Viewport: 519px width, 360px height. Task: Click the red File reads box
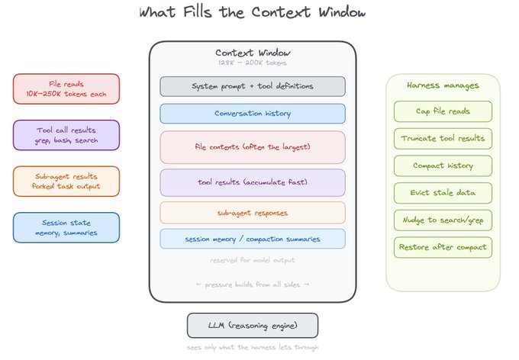(66, 89)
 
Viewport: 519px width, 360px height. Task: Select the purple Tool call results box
(66, 135)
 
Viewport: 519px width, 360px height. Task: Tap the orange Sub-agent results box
(66, 182)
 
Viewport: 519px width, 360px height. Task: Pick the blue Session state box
(66, 227)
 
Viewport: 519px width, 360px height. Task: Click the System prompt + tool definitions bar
(253, 86)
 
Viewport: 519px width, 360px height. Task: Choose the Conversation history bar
(253, 114)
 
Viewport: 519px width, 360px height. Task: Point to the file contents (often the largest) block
(253, 147)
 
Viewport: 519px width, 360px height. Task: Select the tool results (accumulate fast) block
(253, 182)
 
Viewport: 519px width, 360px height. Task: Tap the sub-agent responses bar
(253, 213)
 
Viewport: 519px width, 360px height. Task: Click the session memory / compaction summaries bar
(253, 239)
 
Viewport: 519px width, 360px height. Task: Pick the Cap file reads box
(443, 111)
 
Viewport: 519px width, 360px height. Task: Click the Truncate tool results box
(443, 138)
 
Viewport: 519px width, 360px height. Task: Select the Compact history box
(443, 166)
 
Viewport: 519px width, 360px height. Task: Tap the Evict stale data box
(443, 193)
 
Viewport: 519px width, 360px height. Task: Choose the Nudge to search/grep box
(443, 220)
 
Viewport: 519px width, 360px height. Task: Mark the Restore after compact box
(443, 247)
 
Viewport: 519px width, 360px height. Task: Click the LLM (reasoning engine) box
(253, 326)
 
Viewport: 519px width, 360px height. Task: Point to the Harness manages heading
(443, 85)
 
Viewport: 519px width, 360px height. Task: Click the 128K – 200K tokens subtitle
(253, 63)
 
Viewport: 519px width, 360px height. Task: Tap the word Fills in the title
(197, 12)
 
